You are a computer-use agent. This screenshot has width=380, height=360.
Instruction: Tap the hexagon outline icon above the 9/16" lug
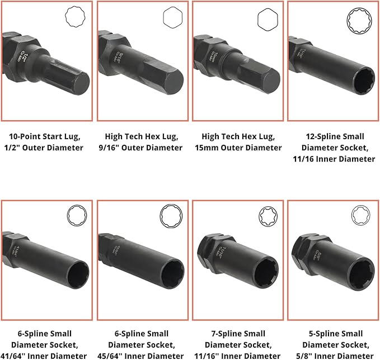pos(173,18)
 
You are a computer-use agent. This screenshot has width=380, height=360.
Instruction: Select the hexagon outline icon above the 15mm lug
pos(268,18)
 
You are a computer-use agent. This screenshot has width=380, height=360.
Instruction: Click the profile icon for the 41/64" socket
pos(76,216)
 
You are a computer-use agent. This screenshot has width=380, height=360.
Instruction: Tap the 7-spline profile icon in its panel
pos(267,216)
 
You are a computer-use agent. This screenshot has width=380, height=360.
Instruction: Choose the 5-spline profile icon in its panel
pos(361,216)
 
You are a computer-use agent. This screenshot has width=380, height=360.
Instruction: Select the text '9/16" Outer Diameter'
pos(144,148)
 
